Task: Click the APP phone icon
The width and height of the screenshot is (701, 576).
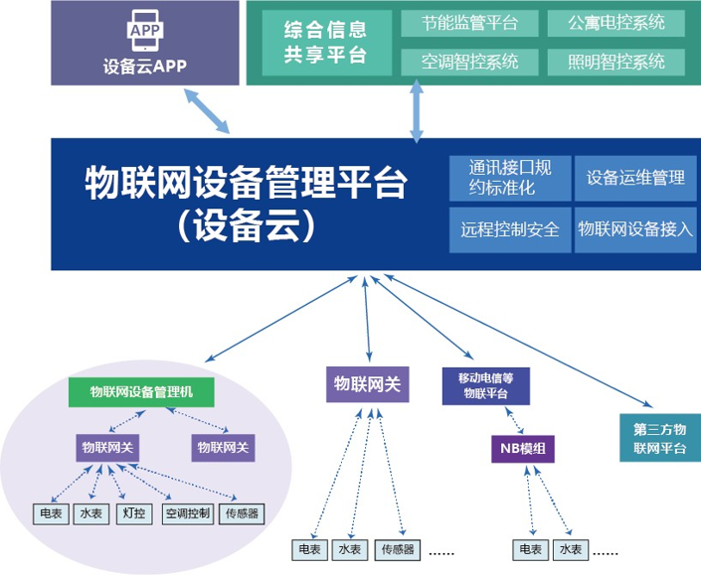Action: (x=144, y=33)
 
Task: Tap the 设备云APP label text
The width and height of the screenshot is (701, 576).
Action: (x=145, y=68)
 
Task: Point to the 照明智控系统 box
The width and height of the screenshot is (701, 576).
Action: (x=616, y=62)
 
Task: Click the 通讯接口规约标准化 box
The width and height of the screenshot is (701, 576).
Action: (x=508, y=177)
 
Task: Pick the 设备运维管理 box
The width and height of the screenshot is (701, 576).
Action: (x=635, y=178)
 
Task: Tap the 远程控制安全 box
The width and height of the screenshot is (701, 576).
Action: (x=509, y=229)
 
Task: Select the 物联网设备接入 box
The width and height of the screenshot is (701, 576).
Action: (x=635, y=229)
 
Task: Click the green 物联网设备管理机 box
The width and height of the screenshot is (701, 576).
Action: (x=142, y=392)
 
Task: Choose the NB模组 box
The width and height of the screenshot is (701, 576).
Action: (x=521, y=449)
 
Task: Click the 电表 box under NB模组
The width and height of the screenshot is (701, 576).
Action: (x=530, y=549)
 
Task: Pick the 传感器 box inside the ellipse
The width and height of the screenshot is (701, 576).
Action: (x=243, y=513)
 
